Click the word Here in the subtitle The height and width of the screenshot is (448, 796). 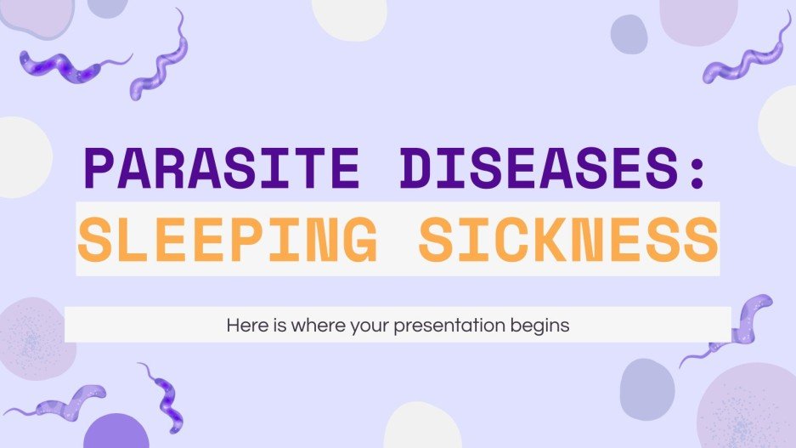click(245, 325)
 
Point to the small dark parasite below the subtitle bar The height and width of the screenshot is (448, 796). click(164, 396)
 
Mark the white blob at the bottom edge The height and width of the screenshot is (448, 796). click(421, 428)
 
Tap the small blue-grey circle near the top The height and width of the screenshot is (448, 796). click(629, 34)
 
